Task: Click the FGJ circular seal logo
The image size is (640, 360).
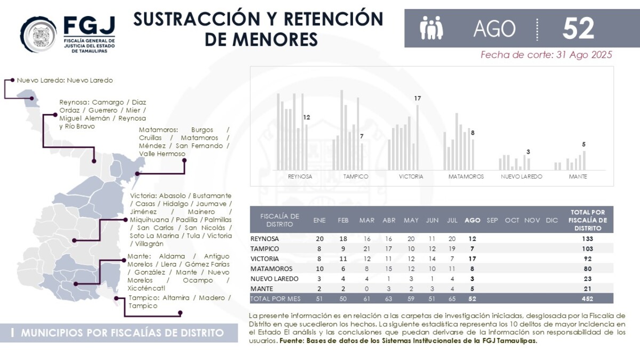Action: coord(38,35)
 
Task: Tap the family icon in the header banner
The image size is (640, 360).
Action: coord(431,28)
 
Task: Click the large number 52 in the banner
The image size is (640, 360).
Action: coord(578,28)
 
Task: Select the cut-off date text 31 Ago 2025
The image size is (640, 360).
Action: coord(584,54)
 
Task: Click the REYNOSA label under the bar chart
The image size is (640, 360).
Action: coord(300,177)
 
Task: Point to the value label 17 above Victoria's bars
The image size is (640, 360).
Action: coord(418,98)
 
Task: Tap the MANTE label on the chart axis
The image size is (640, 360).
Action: coord(578,177)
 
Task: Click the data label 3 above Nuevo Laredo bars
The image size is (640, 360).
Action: coord(529,151)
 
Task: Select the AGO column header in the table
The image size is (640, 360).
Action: coord(473,220)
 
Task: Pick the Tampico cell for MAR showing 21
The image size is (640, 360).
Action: coord(367,249)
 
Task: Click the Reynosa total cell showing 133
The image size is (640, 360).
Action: coord(587,238)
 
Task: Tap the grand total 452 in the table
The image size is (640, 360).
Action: coord(587,299)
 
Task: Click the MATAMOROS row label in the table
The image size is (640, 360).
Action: coord(271,269)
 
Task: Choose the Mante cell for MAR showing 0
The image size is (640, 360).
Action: coord(367,289)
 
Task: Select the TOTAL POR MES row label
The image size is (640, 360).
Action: coord(275,299)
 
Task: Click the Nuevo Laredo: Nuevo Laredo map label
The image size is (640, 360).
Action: coord(65,81)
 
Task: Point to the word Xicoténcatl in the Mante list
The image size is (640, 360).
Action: coord(146,288)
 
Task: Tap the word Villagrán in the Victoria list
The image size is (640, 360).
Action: coord(149,244)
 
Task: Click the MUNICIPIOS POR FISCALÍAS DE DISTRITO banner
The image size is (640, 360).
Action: coord(119,333)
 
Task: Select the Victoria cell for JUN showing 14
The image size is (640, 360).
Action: coord(432,259)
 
